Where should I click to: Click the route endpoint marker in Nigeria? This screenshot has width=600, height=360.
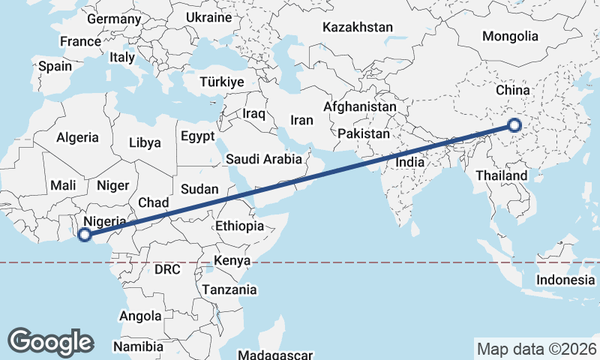click(85, 235)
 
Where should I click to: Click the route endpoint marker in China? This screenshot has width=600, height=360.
click(514, 125)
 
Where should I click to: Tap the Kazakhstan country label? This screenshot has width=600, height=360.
click(358, 28)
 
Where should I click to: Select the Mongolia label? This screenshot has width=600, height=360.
click(510, 36)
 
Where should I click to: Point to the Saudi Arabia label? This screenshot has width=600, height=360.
click(264, 159)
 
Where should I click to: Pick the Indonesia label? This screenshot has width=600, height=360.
click(565, 280)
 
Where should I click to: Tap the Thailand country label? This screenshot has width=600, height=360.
click(501, 176)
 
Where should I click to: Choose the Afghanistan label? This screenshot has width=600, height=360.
click(360, 107)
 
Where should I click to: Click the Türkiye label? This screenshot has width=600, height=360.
click(222, 82)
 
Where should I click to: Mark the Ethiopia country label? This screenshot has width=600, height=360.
click(239, 226)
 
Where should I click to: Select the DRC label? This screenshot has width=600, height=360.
click(167, 269)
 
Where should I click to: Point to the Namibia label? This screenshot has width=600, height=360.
click(138, 346)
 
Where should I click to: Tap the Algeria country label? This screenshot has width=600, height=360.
click(77, 137)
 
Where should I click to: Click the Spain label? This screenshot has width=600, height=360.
click(55, 66)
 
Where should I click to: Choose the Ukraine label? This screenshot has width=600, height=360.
click(208, 16)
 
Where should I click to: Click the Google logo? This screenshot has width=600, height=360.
click(50, 341)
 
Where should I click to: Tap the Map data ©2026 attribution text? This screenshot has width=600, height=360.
click(537, 349)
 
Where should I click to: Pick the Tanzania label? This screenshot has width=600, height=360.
click(229, 289)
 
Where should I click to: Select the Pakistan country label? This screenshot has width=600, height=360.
click(364, 133)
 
